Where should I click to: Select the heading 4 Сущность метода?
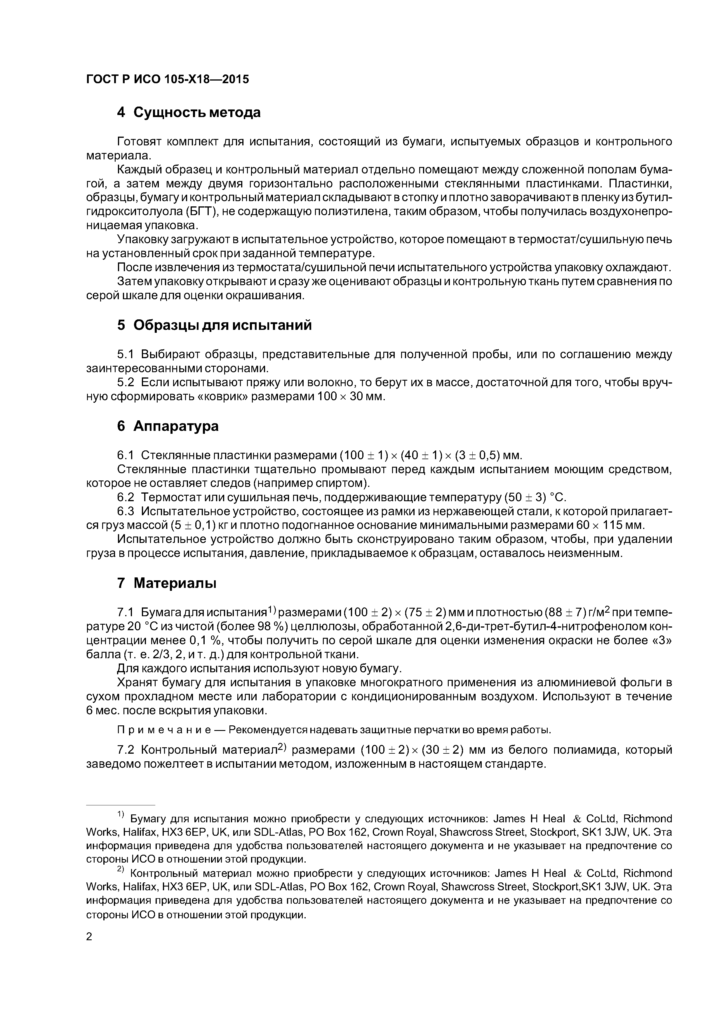189,112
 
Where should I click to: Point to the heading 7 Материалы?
166,583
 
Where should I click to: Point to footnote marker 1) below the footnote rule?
122,814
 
